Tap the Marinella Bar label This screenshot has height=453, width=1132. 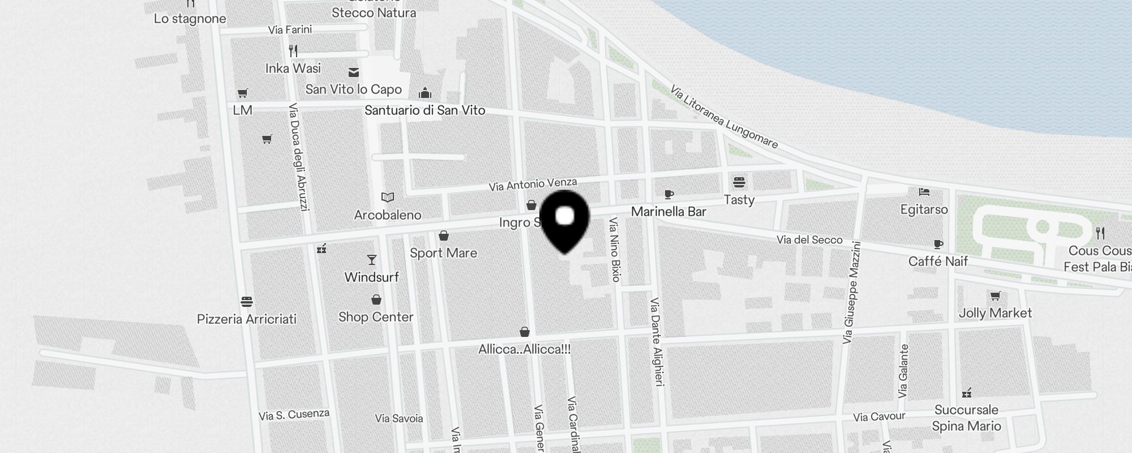[668, 212]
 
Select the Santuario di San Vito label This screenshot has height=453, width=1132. [424, 110]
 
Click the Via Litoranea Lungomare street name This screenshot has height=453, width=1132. [723, 117]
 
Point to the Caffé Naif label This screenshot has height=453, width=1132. [938, 261]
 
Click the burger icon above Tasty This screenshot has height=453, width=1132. [739, 182]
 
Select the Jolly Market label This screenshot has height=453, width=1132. [995, 313]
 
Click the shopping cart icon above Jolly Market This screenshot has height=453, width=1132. [995, 296]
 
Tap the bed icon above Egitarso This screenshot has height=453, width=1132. [924, 192]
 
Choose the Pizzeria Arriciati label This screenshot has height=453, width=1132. [246, 319]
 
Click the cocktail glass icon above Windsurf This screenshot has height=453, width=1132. [372, 260]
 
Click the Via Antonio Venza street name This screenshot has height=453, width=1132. [533, 184]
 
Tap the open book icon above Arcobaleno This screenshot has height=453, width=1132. [388, 198]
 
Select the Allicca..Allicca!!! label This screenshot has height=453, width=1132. [524, 349]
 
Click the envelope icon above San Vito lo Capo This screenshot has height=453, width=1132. [354, 72]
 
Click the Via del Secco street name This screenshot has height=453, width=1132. [809, 240]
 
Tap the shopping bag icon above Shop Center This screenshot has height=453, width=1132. [376, 300]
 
